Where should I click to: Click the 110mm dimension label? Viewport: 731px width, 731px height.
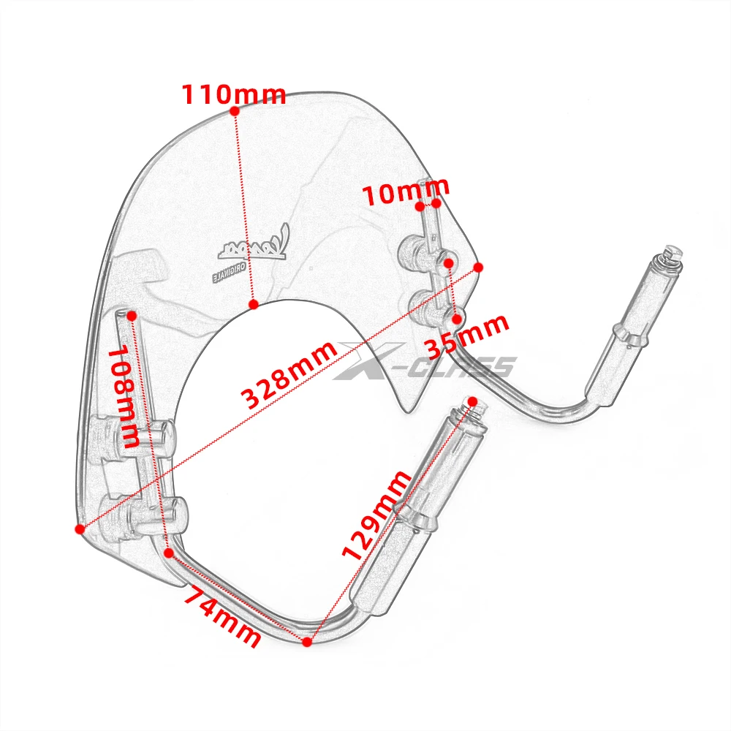tap(233, 94)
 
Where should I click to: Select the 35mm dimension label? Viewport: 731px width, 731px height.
tap(466, 337)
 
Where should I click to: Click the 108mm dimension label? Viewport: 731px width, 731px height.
tap(123, 397)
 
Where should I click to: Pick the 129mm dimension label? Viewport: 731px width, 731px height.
tap(377, 515)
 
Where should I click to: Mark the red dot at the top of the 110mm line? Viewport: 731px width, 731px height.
tap(234, 111)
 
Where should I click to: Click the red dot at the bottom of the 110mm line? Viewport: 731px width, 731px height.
tap(253, 303)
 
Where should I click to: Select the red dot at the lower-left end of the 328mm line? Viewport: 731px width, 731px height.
tap(79, 528)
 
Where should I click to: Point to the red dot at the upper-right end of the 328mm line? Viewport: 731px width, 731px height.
tap(479, 268)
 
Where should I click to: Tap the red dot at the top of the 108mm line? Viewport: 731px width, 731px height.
tap(132, 315)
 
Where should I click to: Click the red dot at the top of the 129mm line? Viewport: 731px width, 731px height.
tap(471, 402)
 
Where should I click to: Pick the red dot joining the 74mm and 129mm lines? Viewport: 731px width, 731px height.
tap(307, 641)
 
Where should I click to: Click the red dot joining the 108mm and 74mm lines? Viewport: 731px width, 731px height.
tap(169, 553)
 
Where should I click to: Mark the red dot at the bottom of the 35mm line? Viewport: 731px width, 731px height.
tap(457, 319)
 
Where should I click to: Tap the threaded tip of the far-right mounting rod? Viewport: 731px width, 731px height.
tap(673, 252)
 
